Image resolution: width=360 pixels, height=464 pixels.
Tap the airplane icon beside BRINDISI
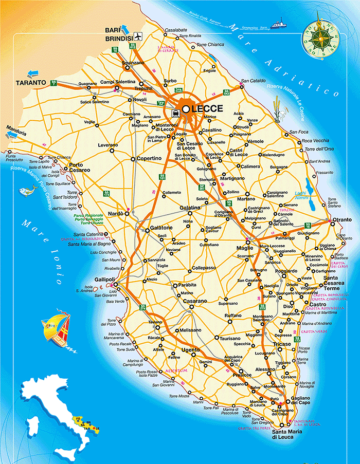click(x=137, y=36)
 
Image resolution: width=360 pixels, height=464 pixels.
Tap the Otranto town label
click(x=343, y=220)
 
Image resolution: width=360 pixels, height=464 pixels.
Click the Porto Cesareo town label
click(x=80, y=168)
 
